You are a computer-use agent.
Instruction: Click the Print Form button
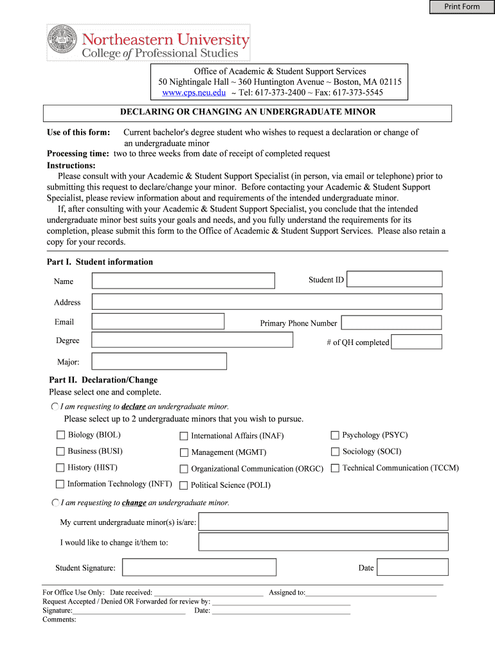click(462, 7)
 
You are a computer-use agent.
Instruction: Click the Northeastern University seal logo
click(62, 42)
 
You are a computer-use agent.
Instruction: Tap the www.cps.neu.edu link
click(194, 93)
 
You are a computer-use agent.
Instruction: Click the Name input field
click(183, 281)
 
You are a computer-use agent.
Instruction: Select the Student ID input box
click(394, 279)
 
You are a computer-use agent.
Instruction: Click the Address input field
click(267, 301)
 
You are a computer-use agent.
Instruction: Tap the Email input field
click(158, 321)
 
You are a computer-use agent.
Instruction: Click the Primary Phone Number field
click(391, 323)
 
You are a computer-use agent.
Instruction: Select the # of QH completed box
click(416, 342)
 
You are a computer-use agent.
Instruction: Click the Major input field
click(159, 361)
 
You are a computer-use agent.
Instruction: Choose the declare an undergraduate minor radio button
click(55, 407)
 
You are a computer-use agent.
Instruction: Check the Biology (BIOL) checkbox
click(60, 435)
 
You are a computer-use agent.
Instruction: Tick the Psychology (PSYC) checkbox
click(335, 435)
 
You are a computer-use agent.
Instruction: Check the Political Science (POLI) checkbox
click(184, 485)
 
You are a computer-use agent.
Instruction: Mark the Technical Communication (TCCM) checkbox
click(335, 468)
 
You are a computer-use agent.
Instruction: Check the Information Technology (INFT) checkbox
click(60, 484)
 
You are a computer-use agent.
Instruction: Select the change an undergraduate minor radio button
click(55, 502)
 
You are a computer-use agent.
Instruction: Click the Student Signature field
click(199, 567)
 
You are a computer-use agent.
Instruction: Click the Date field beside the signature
click(412, 567)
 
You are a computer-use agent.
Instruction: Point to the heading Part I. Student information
click(100, 262)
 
